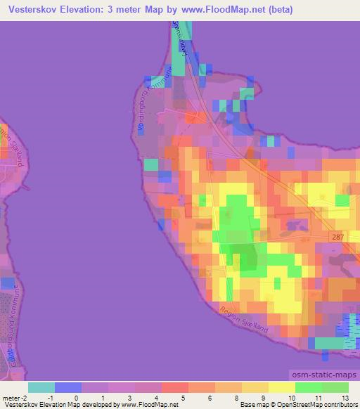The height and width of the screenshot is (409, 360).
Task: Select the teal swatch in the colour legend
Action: click(x=41, y=387)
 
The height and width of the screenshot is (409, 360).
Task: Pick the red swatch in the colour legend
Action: click(x=174, y=387)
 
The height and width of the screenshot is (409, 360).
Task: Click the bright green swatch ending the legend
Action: click(x=335, y=387)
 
